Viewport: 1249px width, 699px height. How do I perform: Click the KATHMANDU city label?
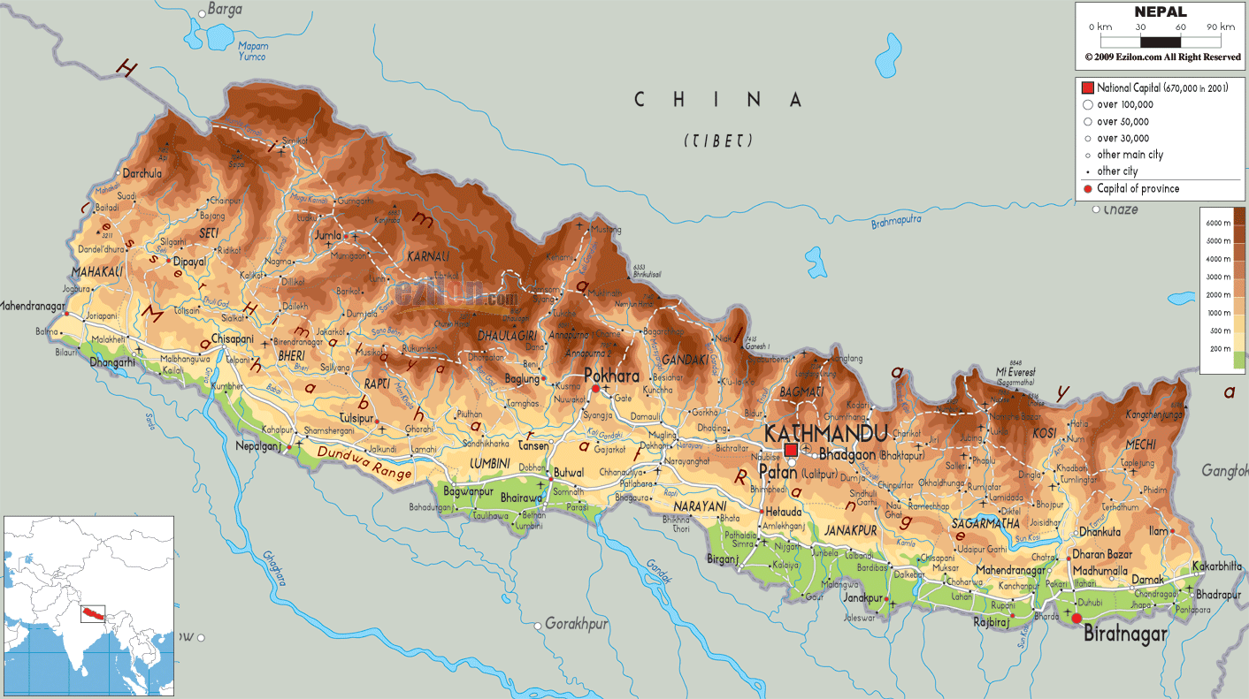[x=824, y=433]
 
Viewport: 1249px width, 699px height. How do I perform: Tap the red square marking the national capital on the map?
[x=791, y=451]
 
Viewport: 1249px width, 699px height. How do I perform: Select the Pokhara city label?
[x=611, y=376]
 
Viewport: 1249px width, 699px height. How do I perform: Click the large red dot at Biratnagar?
[x=1077, y=619]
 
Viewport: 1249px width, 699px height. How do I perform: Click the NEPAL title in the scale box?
[x=1161, y=12]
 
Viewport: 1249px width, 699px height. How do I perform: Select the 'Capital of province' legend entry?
[x=1138, y=188]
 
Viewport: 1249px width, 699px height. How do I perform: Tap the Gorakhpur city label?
[x=576, y=624]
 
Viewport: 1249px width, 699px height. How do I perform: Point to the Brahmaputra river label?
[x=896, y=221]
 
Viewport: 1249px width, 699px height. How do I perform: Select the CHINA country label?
[x=718, y=100]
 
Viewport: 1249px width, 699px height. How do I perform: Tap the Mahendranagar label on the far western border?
[x=33, y=307]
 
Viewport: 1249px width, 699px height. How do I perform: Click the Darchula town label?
[x=142, y=174]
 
